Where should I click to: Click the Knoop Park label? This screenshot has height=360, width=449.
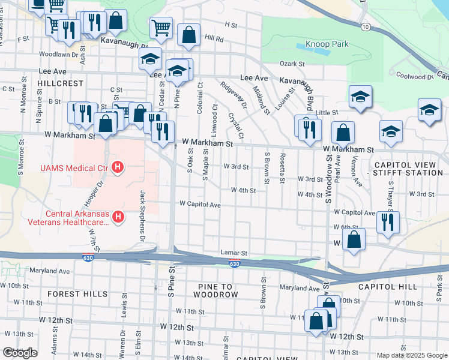pos(327,44)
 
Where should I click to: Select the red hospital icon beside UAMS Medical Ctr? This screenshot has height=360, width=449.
pos(118,166)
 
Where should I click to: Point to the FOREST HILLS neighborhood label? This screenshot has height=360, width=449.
pos(77,294)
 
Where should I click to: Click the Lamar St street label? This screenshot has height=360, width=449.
pos(234,253)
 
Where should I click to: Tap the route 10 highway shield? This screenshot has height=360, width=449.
pos(365,27)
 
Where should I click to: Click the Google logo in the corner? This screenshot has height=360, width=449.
pos(20,353)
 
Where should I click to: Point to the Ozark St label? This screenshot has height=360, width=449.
pos(292,64)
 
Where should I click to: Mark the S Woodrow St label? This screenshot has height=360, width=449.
pos(329,178)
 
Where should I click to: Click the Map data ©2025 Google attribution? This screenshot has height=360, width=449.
pos(411,355)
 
